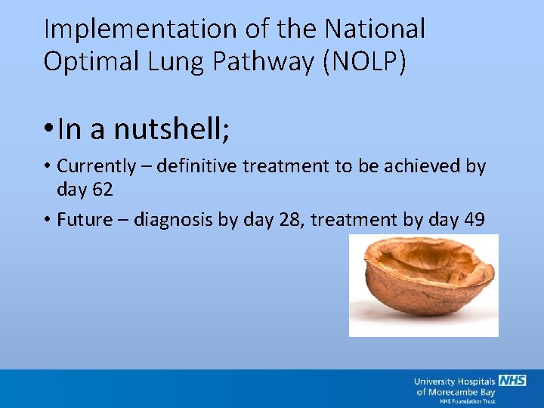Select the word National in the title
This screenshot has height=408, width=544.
375,29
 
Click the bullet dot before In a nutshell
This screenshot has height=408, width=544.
48,129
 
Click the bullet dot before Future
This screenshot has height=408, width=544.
48,221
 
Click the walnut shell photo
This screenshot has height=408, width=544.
423,285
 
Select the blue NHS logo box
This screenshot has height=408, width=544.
512,381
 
